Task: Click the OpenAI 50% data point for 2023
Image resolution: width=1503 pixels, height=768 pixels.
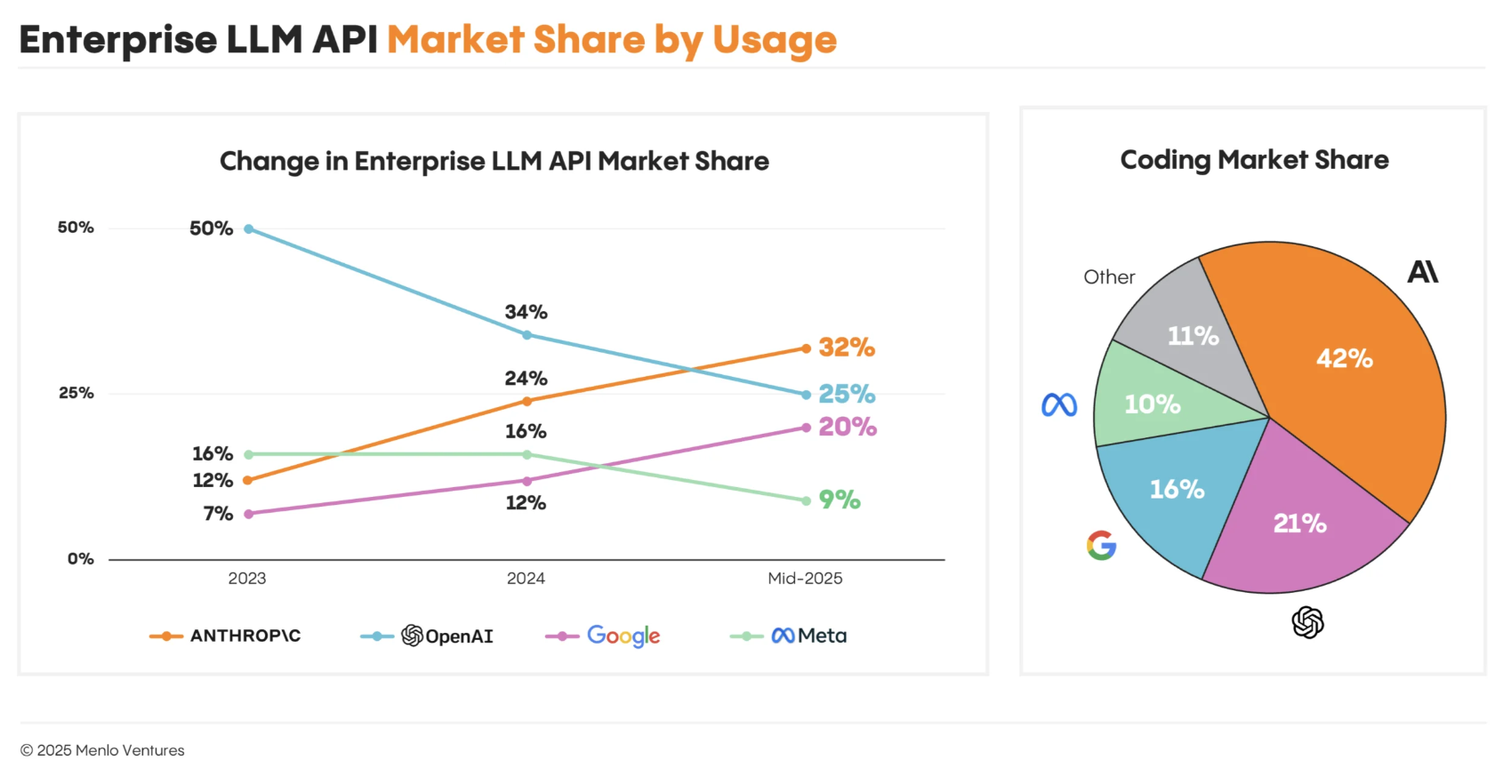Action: pos(249,229)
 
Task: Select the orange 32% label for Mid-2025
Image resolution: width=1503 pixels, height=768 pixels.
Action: pos(846,348)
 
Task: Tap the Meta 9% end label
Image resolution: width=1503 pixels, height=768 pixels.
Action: pos(839,500)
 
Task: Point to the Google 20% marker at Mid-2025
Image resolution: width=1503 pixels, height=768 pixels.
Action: pos(806,428)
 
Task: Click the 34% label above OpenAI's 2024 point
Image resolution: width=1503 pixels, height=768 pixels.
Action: pos(526,312)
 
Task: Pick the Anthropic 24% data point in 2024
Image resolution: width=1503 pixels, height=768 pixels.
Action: pos(526,401)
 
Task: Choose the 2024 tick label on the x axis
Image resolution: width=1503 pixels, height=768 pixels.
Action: pos(526,579)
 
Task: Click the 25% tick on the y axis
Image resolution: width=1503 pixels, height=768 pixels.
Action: pos(76,393)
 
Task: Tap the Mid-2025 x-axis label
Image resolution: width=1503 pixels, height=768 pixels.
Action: pos(805,579)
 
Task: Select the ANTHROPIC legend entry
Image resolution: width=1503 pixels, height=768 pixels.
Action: pos(226,636)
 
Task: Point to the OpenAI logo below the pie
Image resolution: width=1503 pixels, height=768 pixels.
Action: pos(1307,622)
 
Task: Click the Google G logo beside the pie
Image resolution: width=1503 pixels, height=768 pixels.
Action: pos(1101,545)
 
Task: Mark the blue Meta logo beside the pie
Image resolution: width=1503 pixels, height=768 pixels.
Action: pos(1059,405)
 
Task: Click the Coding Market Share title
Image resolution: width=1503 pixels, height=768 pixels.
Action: pos(1254,160)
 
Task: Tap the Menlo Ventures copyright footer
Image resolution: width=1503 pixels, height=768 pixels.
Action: pos(102,750)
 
